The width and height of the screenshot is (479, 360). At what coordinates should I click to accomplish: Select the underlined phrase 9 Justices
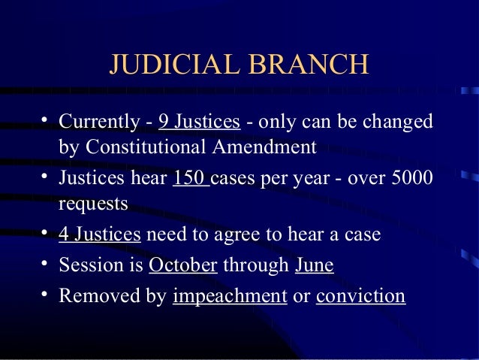199,121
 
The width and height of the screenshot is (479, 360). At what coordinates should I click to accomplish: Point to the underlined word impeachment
230,295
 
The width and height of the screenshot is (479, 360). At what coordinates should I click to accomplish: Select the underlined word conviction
360,295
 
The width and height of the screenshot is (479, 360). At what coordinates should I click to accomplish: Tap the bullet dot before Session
45,264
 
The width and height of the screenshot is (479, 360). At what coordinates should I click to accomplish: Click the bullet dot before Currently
45,120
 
